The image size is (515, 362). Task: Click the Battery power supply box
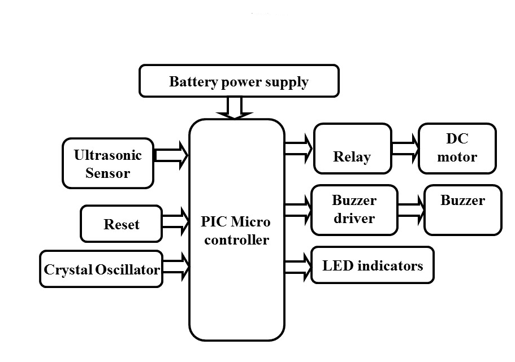point(239,81)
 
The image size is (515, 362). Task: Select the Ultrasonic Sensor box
point(107,163)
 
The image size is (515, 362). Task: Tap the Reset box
point(121,224)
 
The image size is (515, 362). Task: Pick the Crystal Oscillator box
point(102,269)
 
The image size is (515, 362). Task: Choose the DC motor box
point(457,148)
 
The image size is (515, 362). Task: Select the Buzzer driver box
point(354,210)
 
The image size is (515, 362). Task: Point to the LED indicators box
point(373,265)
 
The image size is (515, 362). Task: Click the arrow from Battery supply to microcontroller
point(235,107)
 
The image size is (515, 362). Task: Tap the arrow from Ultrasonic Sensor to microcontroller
point(171,155)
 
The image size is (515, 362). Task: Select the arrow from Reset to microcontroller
point(175,221)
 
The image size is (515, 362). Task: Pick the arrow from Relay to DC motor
point(405,149)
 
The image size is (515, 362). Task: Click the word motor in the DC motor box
point(457,157)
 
